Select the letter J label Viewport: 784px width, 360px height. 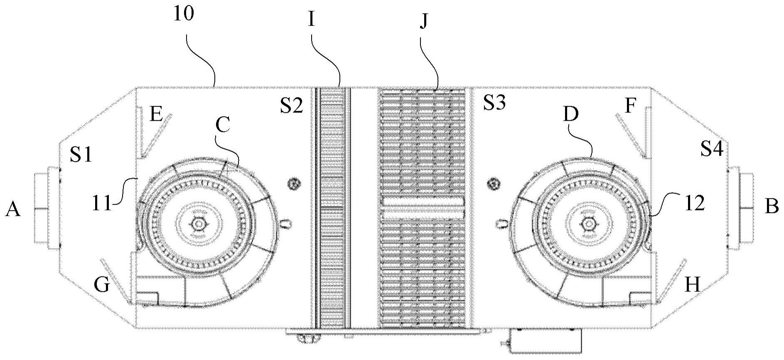tap(423, 21)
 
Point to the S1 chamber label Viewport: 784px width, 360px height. tap(81, 155)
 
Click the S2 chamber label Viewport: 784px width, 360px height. tap(291, 105)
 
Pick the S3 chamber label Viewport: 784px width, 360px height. tap(494, 103)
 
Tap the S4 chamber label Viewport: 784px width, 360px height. tap(712, 149)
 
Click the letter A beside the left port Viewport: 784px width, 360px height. tap(13, 210)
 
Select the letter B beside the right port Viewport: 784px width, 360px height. tap(772, 206)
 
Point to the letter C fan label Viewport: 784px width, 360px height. tap(223, 125)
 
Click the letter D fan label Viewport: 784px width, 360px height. tap(571, 114)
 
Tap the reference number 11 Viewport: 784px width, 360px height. tap(102, 204)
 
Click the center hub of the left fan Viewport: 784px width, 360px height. tap(199, 224)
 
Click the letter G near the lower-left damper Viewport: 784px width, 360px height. tap(102, 285)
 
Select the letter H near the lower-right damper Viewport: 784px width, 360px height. tap(692, 285)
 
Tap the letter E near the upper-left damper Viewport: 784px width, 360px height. tap(155, 114)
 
